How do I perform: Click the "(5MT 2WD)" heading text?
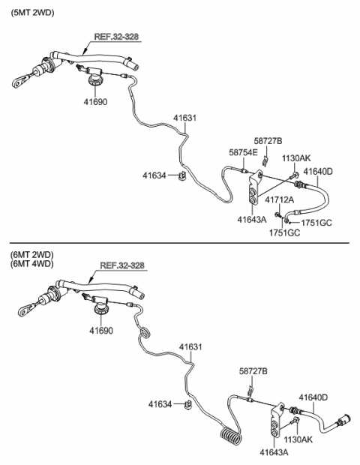[x=33, y=13]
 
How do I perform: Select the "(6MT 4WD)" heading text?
[x=33, y=265]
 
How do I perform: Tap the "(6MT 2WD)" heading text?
[x=33, y=254]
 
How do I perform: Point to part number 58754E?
[x=243, y=152]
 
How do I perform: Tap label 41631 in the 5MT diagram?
[x=186, y=118]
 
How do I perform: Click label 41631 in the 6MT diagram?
[x=191, y=346]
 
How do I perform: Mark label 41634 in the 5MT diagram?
[x=155, y=175]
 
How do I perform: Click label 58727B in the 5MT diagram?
[x=268, y=141]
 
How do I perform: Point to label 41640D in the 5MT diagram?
[x=318, y=171]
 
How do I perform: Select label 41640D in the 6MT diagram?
[x=313, y=397]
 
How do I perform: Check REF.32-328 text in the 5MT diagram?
[x=116, y=36]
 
